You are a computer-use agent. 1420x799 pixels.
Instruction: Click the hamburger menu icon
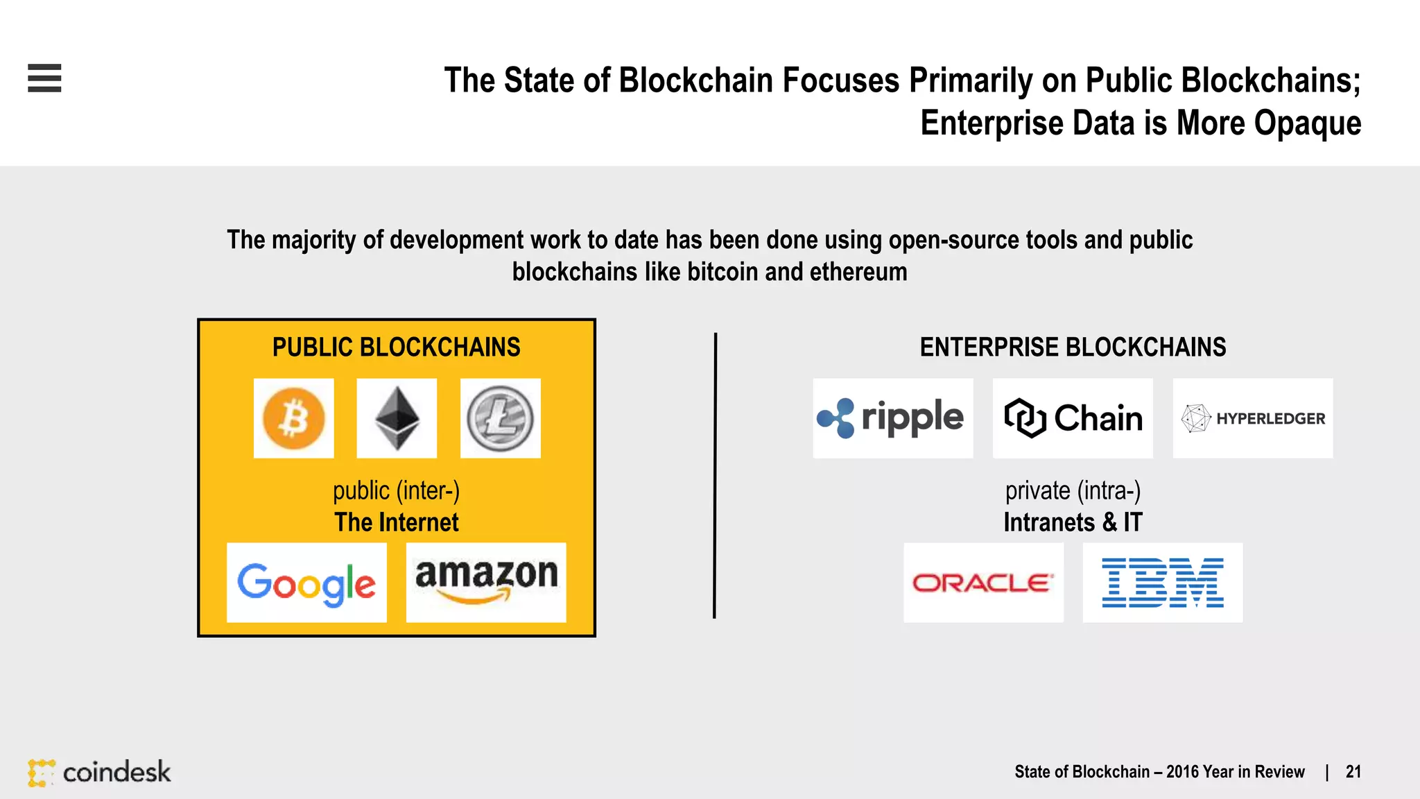[44, 78]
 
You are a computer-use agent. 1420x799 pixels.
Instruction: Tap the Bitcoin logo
[293, 418]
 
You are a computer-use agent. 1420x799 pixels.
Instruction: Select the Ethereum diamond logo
[397, 418]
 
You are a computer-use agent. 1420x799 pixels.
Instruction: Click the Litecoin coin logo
[500, 418]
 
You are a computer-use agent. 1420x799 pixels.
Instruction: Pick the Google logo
[306, 583]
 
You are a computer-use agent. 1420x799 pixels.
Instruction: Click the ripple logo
[892, 418]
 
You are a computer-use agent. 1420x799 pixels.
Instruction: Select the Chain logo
[1073, 418]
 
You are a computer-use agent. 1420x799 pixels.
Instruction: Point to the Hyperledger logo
[1252, 418]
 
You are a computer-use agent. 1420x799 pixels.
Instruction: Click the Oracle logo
[983, 583]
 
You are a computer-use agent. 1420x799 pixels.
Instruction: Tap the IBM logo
[1163, 583]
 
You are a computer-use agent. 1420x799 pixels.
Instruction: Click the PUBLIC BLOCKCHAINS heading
[396, 347]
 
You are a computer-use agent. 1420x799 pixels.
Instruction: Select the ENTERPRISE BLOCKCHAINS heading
[1073, 347]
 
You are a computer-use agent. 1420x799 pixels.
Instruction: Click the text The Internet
[396, 522]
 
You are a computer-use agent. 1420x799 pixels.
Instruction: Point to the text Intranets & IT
[1073, 522]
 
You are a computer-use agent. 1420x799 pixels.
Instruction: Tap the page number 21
[1353, 772]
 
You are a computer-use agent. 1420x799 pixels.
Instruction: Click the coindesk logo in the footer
[100, 772]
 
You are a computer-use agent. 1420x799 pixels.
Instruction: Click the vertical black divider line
[715, 475]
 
